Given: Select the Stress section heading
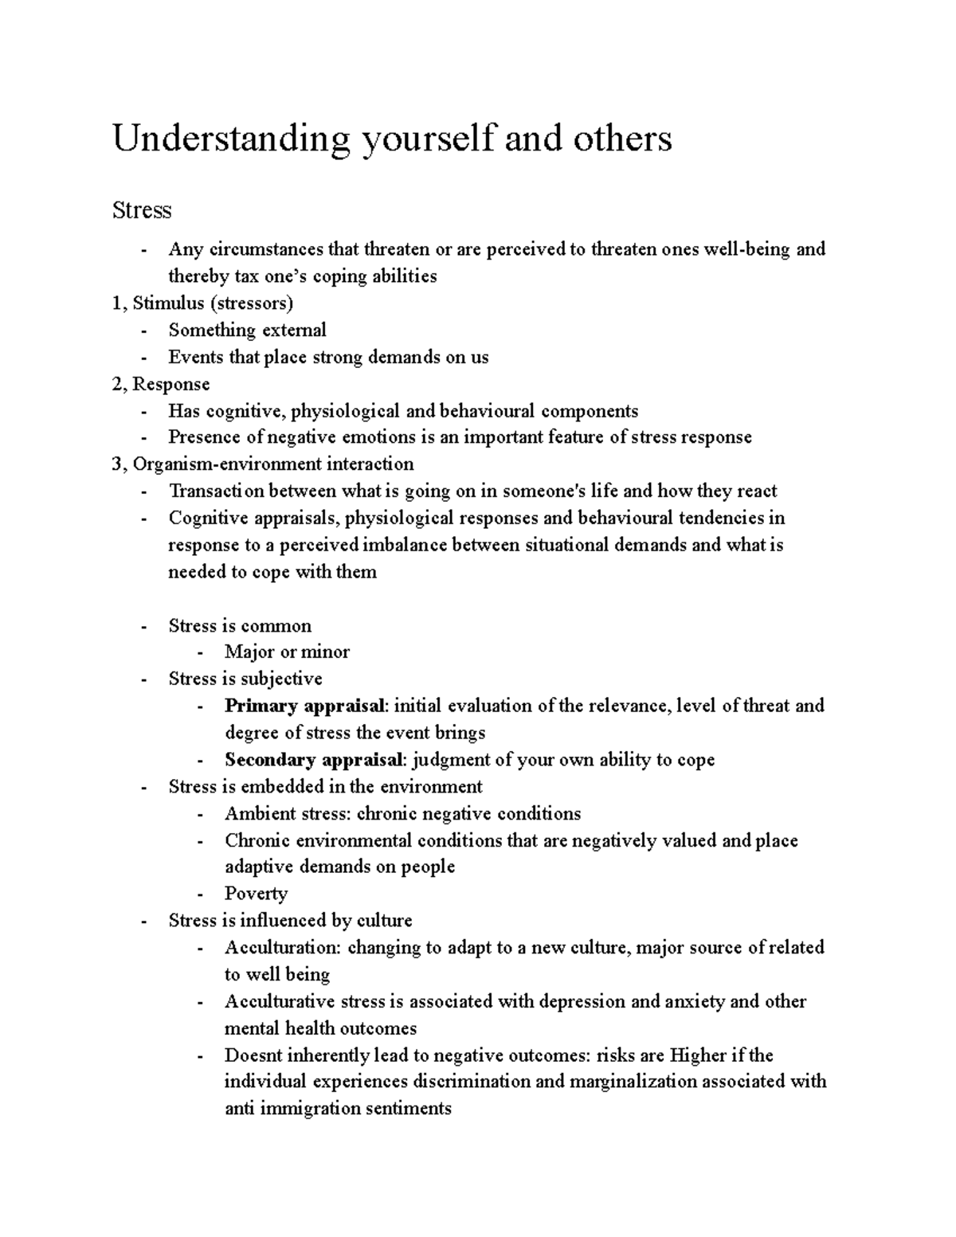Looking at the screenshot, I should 142,210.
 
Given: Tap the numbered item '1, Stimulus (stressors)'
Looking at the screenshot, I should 203,303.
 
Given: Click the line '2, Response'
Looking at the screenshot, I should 162,384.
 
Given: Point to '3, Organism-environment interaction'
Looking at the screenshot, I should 263,464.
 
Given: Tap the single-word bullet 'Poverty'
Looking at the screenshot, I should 256,894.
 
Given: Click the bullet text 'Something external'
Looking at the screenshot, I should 247,330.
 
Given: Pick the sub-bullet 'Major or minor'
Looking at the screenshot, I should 287,652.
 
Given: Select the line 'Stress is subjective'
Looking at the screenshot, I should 245,679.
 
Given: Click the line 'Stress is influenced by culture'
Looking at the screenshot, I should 290,921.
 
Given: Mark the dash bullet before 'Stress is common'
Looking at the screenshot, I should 143,626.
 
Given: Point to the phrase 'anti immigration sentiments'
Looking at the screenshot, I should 338,1109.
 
